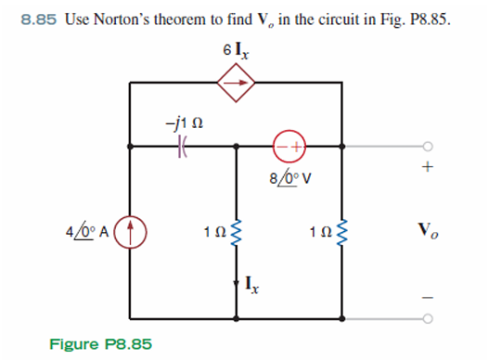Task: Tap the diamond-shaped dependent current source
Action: (x=236, y=84)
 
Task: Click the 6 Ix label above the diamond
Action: (x=235, y=47)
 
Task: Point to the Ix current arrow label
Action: (x=254, y=279)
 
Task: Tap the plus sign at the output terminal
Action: (x=427, y=169)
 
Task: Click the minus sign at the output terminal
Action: (x=427, y=296)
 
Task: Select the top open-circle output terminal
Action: (x=427, y=146)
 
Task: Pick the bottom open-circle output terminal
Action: (x=427, y=317)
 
